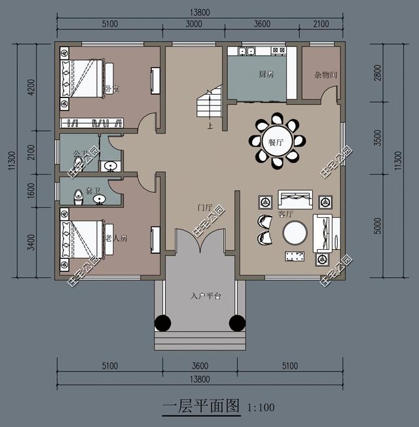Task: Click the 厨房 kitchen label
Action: [x=266, y=74]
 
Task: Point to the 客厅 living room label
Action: [x=285, y=213]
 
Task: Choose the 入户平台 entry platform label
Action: [x=206, y=296]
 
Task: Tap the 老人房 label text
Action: [x=116, y=238]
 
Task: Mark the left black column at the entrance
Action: [x=162, y=322]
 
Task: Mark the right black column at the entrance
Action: [x=237, y=322]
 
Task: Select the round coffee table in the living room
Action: [x=295, y=233]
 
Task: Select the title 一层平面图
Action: [x=202, y=407]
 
